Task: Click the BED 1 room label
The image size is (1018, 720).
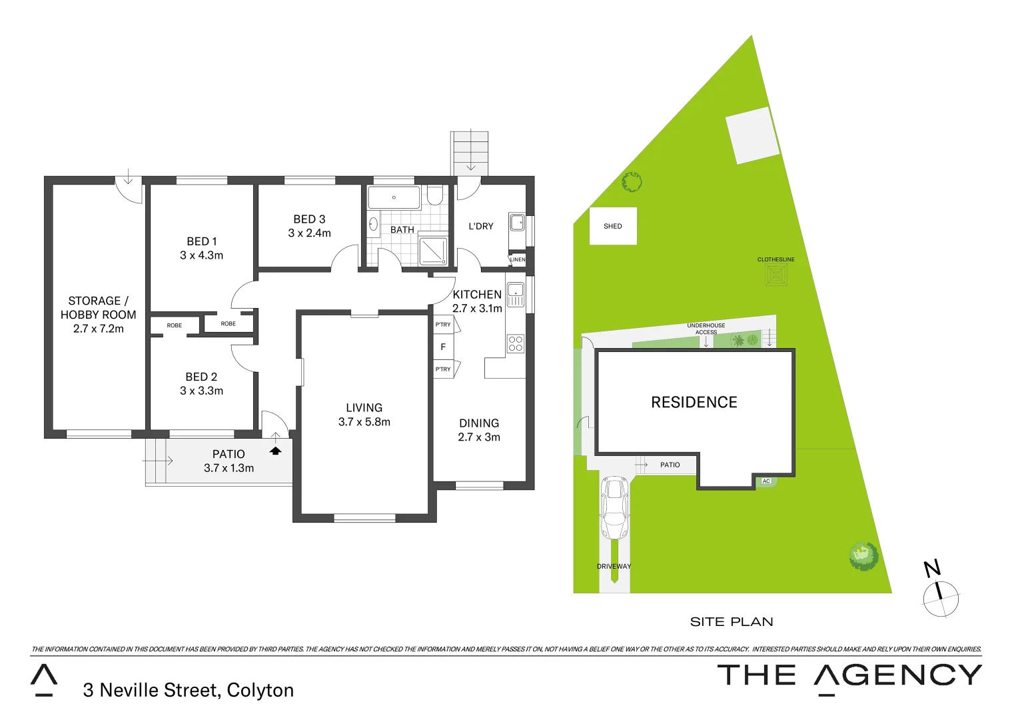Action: pos(201,241)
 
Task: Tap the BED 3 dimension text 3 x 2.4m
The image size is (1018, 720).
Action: pos(309,233)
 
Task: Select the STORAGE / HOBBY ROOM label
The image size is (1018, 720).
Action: pos(98,308)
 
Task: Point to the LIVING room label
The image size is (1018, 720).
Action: pos(364,408)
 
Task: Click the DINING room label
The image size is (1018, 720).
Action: pos(478,423)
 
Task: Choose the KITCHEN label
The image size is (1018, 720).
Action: pos(477,295)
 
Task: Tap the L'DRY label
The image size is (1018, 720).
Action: pos(480,227)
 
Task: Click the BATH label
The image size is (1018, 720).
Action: pos(402,230)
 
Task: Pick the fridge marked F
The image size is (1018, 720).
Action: pos(443,347)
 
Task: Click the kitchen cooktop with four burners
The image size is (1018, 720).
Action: pos(516,344)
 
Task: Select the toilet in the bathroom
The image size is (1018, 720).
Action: pos(434,195)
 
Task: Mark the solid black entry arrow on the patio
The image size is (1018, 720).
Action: pos(276,451)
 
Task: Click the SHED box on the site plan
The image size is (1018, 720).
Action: pos(613,226)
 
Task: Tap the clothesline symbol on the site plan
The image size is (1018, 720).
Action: pos(776,275)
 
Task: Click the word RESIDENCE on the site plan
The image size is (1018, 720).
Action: pos(694,403)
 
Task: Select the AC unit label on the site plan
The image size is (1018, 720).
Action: pos(766,481)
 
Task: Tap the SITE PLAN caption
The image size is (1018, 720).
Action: pos(732,622)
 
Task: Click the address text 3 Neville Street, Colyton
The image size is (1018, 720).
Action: pos(189,691)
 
